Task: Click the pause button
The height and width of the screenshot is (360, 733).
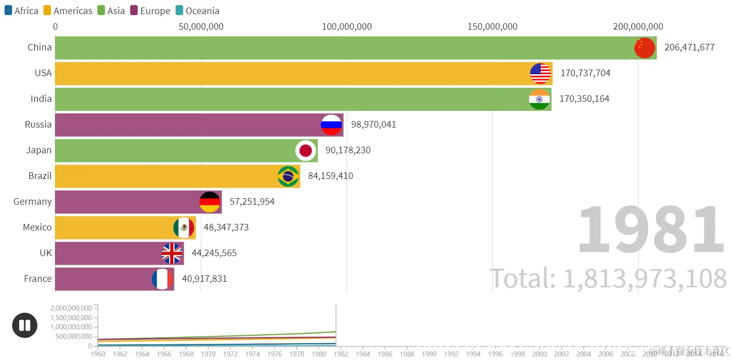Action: coord(25,325)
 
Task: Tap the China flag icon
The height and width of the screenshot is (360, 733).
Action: coord(644,48)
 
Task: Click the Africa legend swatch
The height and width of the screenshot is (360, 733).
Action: coord(8,11)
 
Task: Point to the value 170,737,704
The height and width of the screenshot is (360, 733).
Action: coord(585,73)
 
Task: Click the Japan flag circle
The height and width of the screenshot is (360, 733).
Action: coord(305,150)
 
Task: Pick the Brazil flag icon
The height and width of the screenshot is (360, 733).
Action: coord(288,176)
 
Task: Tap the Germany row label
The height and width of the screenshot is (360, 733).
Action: coord(33,202)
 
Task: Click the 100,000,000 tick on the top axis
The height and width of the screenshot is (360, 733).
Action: coord(347,27)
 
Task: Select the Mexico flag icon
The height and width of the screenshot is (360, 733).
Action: coord(184,228)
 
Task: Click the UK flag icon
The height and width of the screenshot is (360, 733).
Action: coord(172,254)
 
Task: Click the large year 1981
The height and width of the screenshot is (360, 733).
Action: coord(651,230)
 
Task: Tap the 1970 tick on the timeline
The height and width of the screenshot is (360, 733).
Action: coord(208,354)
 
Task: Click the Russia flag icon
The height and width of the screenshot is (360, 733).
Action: coord(331,125)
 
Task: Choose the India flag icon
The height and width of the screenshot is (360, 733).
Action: coord(539,99)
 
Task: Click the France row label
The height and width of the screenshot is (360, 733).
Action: coord(38,279)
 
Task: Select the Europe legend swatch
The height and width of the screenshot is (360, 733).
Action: coord(134,11)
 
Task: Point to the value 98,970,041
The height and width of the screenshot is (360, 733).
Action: coord(373,125)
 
